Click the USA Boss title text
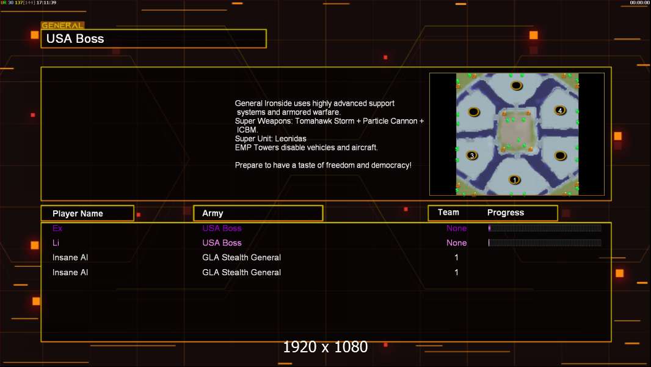click(75, 39)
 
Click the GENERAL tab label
click(62, 25)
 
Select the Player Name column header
click(78, 213)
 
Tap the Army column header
click(213, 213)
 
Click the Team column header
click(448, 212)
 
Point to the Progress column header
click(505, 213)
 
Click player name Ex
click(57, 228)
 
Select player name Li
click(56, 243)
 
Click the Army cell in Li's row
click(222, 243)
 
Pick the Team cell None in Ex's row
click(456, 228)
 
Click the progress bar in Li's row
click(545, 243)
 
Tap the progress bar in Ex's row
click(545, 228)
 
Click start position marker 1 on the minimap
click(515, 180)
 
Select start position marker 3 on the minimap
click(472, 155)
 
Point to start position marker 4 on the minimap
click(560, 111)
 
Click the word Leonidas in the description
click(291, 139)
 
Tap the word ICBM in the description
click(247, 130)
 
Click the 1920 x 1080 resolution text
click(325, 347)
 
